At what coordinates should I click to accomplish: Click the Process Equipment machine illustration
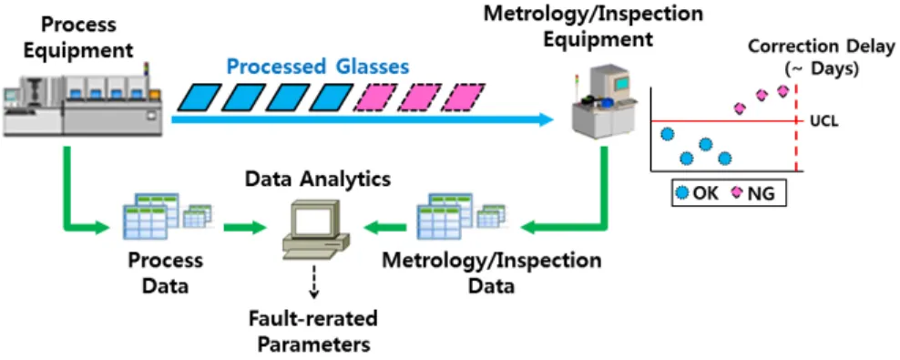click(81, 100)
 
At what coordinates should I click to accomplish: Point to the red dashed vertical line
click(797, 129)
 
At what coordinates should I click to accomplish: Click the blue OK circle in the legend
click(682, 193)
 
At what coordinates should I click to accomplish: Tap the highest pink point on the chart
click(782, 90)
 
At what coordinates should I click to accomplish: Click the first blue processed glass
click(198, 98)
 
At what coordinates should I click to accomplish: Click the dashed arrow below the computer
click(314, 282)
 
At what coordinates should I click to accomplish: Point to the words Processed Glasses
click(319, 67)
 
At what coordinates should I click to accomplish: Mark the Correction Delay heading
click(822, 57)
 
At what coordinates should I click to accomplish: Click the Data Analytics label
click(318, 179)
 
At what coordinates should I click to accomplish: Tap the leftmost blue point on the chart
click(667, 134)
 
